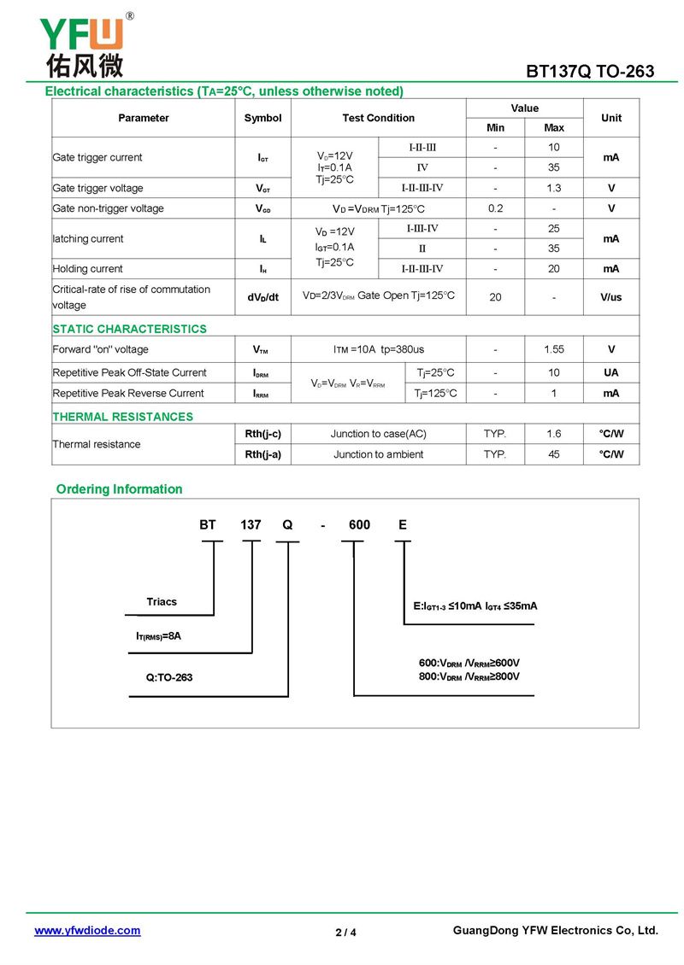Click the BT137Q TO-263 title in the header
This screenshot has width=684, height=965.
tap(590, 71)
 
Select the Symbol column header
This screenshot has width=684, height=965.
tap(262, 118)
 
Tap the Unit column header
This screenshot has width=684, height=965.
tap(611, 118)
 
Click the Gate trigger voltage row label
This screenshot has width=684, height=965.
tap(97, 188)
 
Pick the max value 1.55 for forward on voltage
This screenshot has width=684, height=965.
tap(554, 349)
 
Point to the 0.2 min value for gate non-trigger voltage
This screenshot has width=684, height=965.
tap(496, 208)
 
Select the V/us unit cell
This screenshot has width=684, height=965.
tap(611, 297)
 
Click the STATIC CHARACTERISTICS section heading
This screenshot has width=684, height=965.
tap(129, 329)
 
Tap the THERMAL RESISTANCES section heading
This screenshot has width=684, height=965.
tap(122, 417)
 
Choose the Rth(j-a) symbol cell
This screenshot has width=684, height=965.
tap(262, 454)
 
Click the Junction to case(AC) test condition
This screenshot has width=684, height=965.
tap(378, 434)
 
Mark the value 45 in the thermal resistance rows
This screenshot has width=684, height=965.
tap(554, 454)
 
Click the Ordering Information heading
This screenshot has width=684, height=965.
tap(119, 489)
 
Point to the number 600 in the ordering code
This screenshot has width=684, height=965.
tap(359, 524)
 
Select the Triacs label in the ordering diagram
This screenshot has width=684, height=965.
tap(162, 602)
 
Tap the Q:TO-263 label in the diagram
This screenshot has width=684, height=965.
tap(169, 677)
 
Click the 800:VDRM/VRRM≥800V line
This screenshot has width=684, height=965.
tap(469, 676)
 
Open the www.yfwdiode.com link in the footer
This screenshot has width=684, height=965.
tap(87, 931)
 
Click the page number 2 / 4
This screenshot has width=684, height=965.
tap(345, 932)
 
